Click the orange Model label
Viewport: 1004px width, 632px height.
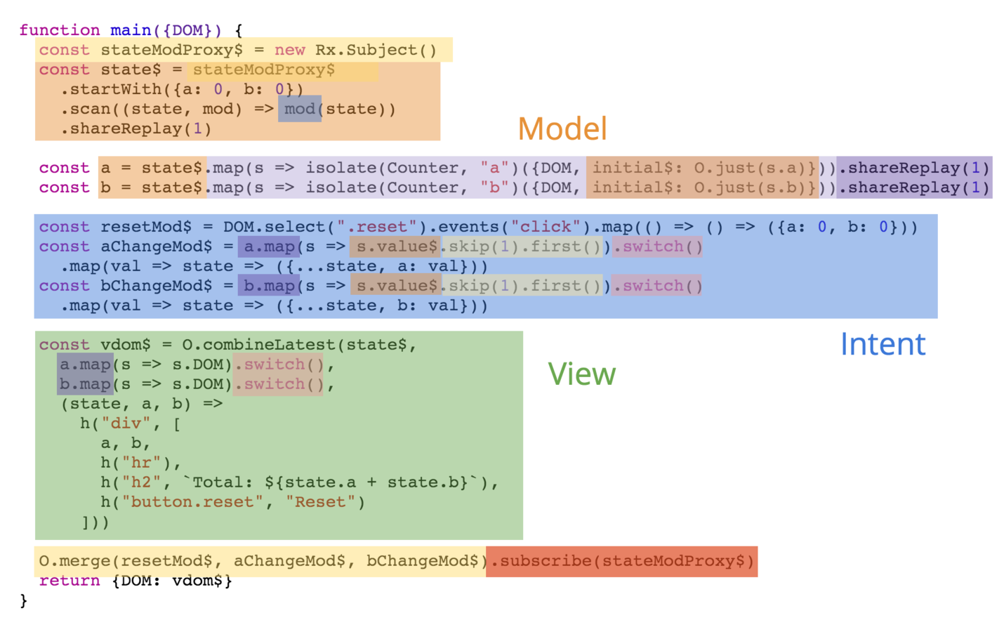pos(562,129)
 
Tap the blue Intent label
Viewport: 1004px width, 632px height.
pos(883,344)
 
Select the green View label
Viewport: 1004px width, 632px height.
pos(581,374)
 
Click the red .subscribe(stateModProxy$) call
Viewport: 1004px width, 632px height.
pos(622,561)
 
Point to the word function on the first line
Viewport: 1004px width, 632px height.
pos(60,30)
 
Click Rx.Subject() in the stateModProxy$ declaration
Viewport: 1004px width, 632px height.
pos(376,50)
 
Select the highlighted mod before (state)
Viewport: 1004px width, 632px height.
pos(300,109)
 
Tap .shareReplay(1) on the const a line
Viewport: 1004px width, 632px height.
pos(914,168)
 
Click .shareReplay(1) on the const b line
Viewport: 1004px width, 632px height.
pos(914,187)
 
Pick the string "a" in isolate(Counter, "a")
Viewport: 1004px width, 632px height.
pos(494,168)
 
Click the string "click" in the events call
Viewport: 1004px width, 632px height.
pos(546,227)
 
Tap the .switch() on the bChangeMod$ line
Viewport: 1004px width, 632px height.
pos(657,286)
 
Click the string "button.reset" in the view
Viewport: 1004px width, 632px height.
pos(192,502)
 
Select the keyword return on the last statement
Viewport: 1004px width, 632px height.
pos(70,581)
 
